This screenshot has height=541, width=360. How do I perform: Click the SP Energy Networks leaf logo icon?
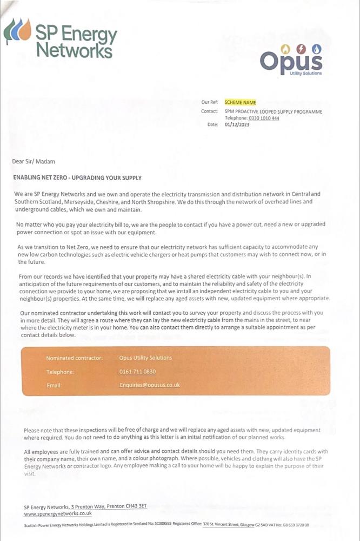pos(18,31)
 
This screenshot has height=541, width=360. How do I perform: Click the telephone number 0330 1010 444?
pos(264,118)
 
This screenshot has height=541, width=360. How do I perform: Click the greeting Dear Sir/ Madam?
pos(34,161)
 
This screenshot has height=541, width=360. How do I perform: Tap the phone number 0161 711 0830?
pos(137,372)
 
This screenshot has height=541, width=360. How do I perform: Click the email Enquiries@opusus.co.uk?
pos(150,385)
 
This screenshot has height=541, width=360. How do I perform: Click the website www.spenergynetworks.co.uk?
pos(58,513)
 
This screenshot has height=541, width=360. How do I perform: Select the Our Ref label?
pos(210,102)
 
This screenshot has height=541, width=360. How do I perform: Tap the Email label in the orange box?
pos(54,385)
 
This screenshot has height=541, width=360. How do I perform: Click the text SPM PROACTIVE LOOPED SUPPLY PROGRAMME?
pos(273,112)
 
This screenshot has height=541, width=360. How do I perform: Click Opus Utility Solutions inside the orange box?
pos(145,358)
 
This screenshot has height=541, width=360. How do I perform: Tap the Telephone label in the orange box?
pos(60,372)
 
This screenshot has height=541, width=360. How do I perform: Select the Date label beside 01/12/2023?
pos(212,124)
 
